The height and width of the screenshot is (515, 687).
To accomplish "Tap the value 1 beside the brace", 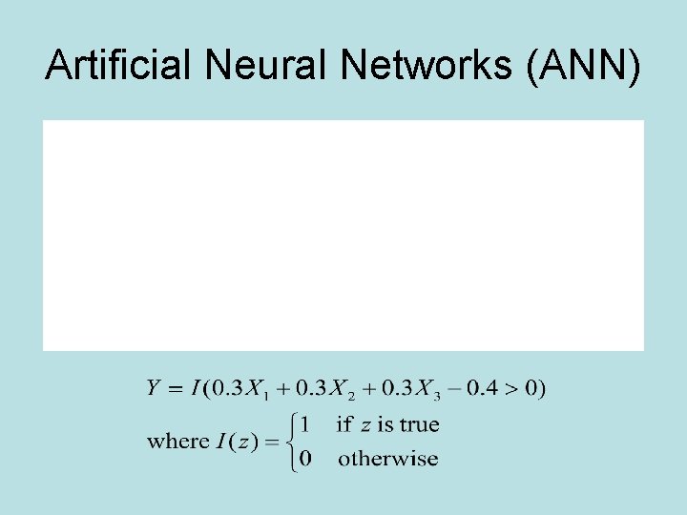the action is tap(304, 423).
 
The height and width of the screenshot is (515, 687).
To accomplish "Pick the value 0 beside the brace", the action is tap(304, 459).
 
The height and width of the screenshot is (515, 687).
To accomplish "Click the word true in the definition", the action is tap(420, 423).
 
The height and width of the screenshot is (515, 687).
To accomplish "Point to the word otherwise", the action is tap(388, 459).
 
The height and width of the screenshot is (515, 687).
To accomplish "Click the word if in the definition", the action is tap(344, 423).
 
